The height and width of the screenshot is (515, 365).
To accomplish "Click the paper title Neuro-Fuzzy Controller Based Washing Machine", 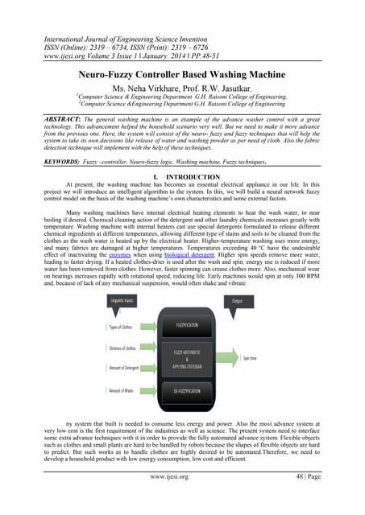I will click(x=182, y=72).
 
